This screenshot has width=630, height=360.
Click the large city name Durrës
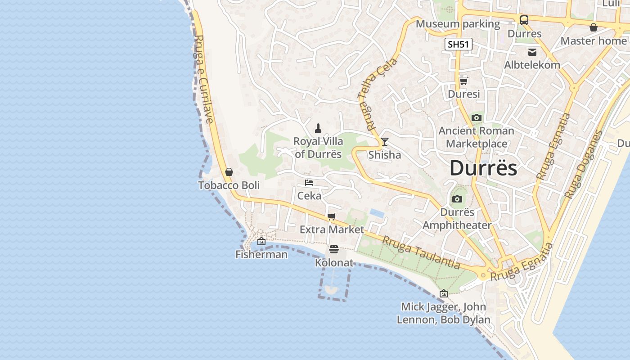pos(483,168)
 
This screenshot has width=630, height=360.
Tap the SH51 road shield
pos(459,44)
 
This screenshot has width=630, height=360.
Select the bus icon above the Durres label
pos(524,20)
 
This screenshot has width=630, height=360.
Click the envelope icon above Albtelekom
pos(532,52)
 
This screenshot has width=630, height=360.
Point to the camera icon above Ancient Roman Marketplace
pos(476,118)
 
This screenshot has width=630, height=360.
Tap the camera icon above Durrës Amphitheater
pos(457,199)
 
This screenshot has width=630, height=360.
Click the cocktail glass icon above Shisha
pos(384,142)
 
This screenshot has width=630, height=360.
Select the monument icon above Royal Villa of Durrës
pos(318,128)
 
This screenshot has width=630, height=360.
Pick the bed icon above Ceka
pos(309,183)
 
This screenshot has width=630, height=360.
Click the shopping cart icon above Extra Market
pos(332,217)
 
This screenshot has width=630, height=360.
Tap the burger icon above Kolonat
pos(333,249)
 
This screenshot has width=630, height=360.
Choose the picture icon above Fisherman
pos(261,242)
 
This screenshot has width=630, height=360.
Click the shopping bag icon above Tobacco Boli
pos(229,172)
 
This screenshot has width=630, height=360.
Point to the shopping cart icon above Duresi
pos(463,81)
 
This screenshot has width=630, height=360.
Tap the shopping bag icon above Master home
pos(594,27)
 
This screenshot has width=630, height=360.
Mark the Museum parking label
pos(458,23)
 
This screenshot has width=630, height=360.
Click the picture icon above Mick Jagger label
pos(443,293)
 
